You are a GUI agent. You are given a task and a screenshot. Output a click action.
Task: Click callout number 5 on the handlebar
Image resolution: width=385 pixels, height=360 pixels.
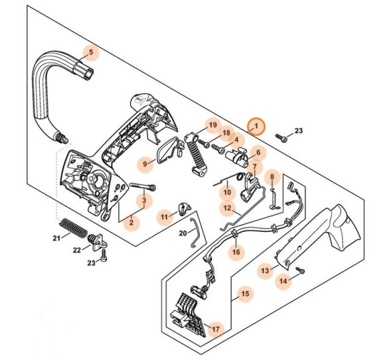[x=91, y=52]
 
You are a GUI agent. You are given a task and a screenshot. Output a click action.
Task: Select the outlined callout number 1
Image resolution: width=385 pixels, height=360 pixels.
[x=256, y=126]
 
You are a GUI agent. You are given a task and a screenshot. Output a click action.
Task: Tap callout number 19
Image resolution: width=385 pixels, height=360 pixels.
[x=212, y=126]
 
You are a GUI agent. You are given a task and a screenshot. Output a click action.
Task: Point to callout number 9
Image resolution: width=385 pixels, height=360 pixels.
[x=145, y=163]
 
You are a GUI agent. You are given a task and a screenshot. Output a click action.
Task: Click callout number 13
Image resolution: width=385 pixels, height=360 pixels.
[x=265, y=270]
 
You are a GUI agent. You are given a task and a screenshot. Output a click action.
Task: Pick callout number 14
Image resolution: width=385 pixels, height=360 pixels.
[x=283, y=281]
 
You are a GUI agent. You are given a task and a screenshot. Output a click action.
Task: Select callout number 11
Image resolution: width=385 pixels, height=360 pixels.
[x=164, y=217]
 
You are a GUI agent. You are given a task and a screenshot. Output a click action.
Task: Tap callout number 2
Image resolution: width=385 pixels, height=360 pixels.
[x=131, y=223]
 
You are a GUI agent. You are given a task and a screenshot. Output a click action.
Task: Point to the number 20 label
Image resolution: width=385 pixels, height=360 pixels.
[x=183, y=233]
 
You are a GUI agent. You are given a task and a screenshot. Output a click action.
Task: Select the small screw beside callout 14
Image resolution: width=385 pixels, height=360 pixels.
[x=299, y=269]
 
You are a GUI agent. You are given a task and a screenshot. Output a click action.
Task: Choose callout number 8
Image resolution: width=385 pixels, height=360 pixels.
[x=271, y=177]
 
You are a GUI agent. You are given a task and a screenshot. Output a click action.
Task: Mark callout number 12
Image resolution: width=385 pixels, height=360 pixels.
[x=227, y=208]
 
